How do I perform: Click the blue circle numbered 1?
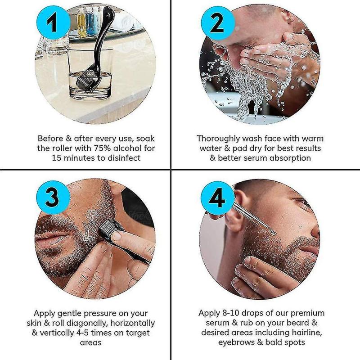click(x=53, y=22)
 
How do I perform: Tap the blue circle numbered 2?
click(x=218, y=22)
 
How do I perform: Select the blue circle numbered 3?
click(x=53, y=198)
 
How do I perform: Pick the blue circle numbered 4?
click(x=218, y=198)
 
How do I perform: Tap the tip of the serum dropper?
click(x=274, y=234)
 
